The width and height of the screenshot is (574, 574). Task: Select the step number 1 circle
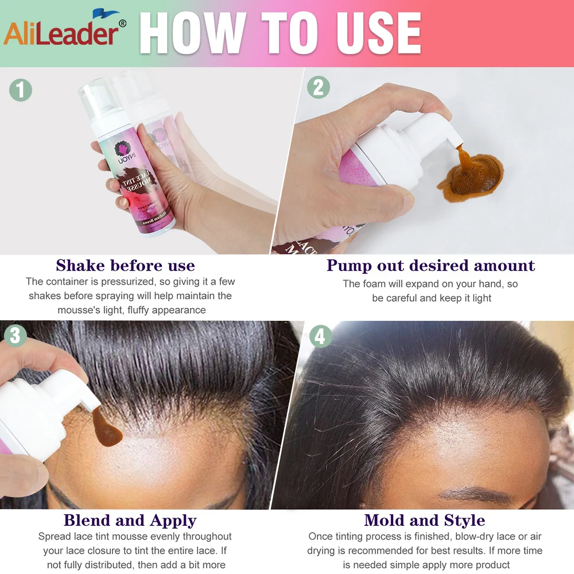click(21, 90)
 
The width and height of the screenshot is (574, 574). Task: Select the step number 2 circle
click(319, 87)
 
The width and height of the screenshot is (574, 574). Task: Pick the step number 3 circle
click(15, 335)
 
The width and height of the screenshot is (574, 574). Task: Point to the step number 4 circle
click(320, 336)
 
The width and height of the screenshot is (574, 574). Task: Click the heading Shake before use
click(125, 266)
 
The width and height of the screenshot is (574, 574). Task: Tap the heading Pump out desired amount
click(430, 266)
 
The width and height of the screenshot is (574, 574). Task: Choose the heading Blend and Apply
click(130, 521)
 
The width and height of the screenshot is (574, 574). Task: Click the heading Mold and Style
click(424, 521)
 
